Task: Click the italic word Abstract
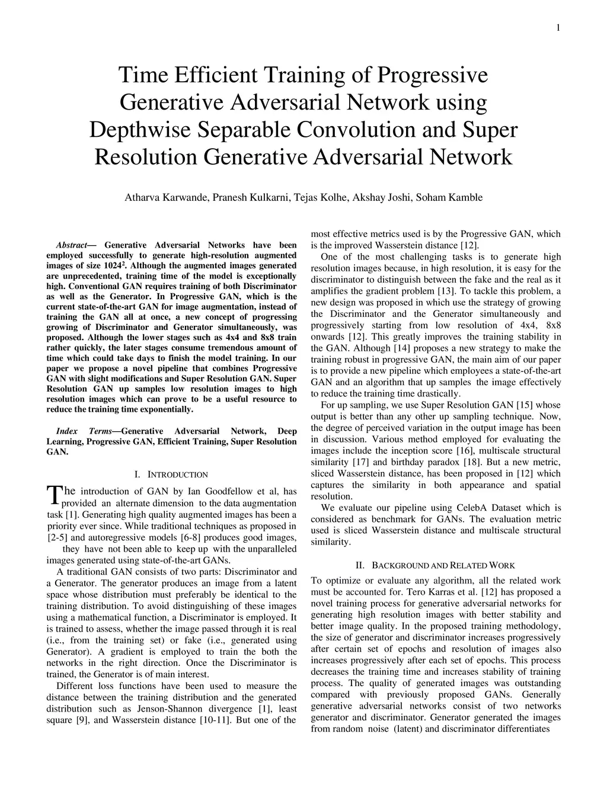point(71,245)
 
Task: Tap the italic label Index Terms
point(88,431)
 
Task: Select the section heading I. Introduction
point(171,475)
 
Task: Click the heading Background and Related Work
point(435,565)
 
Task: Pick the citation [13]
point(445,291)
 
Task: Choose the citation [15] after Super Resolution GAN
point(526,405)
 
